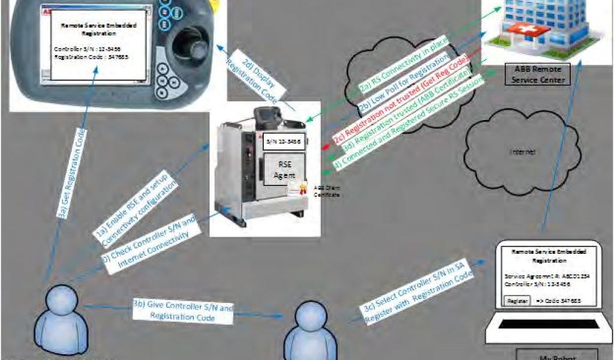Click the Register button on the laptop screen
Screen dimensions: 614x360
tap(517, 300)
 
